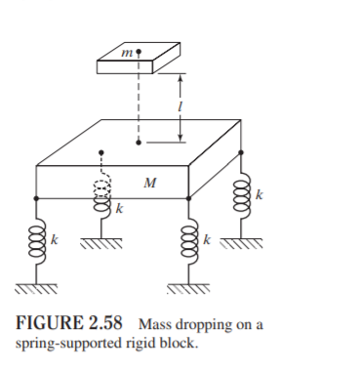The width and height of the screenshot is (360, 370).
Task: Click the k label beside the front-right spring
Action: pos(205,240)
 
